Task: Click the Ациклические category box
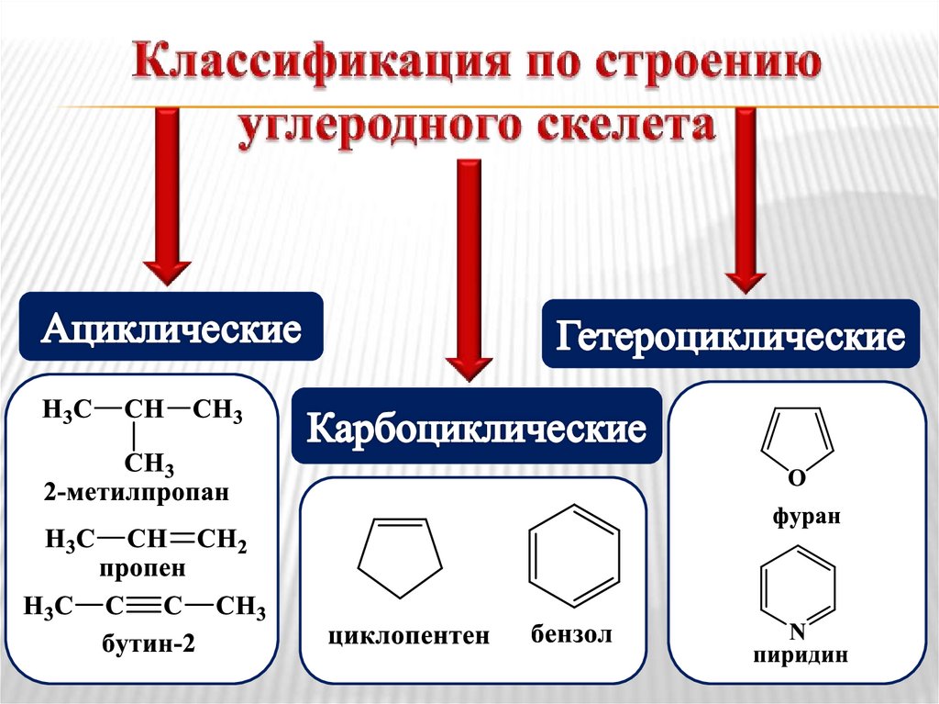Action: coord(171,328)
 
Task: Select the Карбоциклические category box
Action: coord(476,427)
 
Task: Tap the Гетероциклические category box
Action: coord(729,335)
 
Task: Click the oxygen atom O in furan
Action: coord(796,477)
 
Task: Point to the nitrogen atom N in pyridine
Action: coord(797,631)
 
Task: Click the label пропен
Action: coord(143,568)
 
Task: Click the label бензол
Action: coord(570,634)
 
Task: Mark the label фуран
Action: coord(805,517)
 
